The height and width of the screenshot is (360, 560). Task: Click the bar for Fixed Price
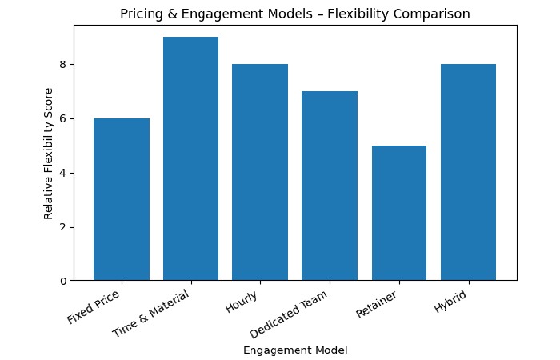coord(122,199)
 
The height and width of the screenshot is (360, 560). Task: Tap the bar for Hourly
coord(260,172)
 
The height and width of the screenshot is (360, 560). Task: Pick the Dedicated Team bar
coord(330,186)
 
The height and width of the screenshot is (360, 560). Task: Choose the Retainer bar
coord(398,213)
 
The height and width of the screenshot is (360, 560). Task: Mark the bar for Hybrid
coord(468,172)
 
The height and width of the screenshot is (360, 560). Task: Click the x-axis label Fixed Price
coord(94,306)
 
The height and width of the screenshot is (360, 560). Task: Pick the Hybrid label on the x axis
coord(450,301)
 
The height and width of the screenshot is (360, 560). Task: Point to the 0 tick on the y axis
coord(62,281)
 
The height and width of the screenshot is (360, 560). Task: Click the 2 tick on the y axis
coord(62,227)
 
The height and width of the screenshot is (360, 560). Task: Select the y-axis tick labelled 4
coord(62,173)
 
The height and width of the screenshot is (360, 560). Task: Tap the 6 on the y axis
coord(62,118)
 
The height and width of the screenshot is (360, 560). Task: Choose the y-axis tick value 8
coord(62,64)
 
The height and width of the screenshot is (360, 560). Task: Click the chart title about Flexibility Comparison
coord(295,14)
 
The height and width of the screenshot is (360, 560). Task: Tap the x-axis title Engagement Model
coord(295,350)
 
